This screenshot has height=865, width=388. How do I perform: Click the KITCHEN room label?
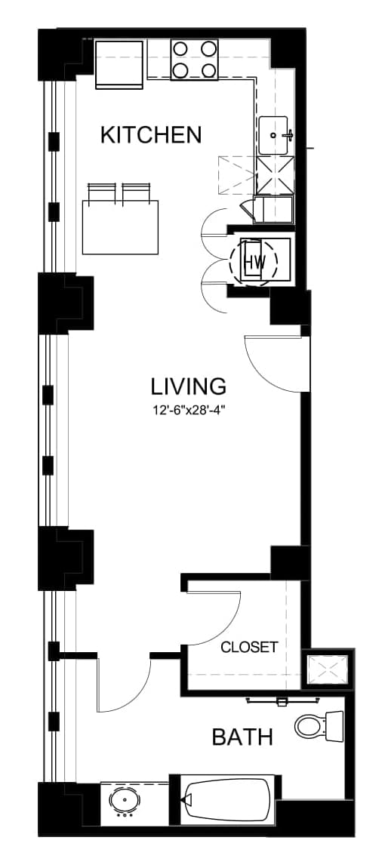pos(151,134)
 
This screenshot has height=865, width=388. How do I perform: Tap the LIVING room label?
pos(189,386)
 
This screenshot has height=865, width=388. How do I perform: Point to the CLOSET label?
pos(249,647)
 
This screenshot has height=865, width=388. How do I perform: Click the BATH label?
pos(242,737)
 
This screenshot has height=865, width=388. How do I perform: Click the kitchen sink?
pos(274,135)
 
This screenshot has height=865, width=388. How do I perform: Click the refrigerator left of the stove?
pos(120,63)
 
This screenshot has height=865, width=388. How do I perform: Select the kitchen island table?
pos(120,227)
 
